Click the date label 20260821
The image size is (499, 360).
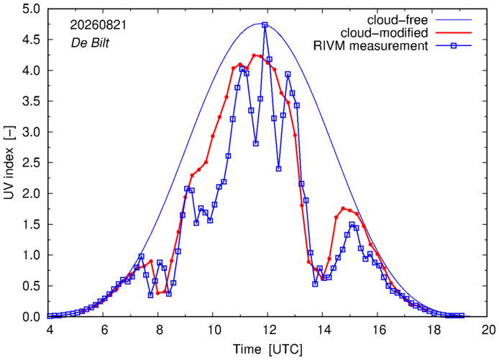pos(98,25)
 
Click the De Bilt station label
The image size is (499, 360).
pos(90,43)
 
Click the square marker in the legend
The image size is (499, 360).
pos(454,46)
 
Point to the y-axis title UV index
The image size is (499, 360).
pos(9,163)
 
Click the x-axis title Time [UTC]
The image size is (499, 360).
pos(267,349)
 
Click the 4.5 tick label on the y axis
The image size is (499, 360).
pos(31,40)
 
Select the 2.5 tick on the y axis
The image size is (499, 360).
pos(31,163)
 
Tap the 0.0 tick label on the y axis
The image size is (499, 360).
pos(31,317)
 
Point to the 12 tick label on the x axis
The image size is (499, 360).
pos(268,330)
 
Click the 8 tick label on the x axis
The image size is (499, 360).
pos(159,330)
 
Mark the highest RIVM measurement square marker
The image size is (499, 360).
pos(265,25)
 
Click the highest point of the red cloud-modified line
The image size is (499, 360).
pos(254,55)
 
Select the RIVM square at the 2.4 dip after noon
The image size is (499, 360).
pos(278,169)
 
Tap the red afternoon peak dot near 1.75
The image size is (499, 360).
pos(343,208)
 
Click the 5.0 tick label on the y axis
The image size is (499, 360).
pos(31,9)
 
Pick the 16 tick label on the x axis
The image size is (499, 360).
pos(377,330)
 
